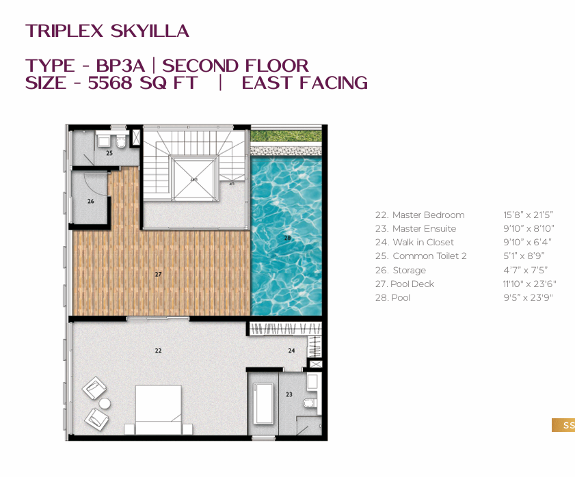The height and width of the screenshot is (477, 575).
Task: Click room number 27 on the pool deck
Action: [158, 274]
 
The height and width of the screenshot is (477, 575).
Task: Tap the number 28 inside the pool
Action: [287, 238]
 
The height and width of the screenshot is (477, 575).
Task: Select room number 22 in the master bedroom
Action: [158, 351]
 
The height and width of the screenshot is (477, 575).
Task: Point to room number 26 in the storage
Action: [90, 202]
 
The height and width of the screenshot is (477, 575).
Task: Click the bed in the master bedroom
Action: [158, 409]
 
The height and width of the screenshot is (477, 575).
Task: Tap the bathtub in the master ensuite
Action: [263, 403]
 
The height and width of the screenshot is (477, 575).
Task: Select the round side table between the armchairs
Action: [105, 403]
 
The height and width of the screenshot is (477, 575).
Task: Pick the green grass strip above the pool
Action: [286, 137]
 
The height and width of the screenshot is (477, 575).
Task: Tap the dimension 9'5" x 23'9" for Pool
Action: [528, 297]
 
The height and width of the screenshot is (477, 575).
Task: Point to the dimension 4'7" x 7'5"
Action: [525, 270]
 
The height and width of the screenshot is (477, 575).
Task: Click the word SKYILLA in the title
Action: [150, 31]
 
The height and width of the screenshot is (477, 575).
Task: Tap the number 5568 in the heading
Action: [109, 83]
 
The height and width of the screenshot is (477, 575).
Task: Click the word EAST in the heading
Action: [267, 83]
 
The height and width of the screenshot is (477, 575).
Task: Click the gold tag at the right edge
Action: [563, 425]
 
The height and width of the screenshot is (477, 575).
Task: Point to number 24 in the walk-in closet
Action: [291, 351]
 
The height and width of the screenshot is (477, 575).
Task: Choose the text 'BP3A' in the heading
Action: [120, 66]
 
